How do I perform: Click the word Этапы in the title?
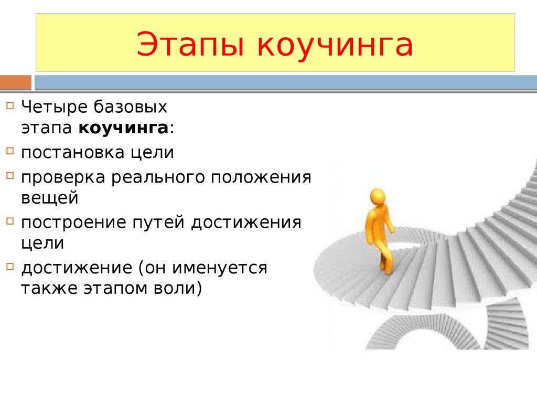[190, 45]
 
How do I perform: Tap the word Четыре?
[55, 107]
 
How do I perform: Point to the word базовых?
[131, 107]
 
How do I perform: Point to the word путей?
[158, 222]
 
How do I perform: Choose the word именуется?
[219, 268]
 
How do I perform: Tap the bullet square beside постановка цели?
[10, 151]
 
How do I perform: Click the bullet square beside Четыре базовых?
[10, 105]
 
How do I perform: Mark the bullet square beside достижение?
[10, 266]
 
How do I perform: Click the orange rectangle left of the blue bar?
[15, 82]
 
